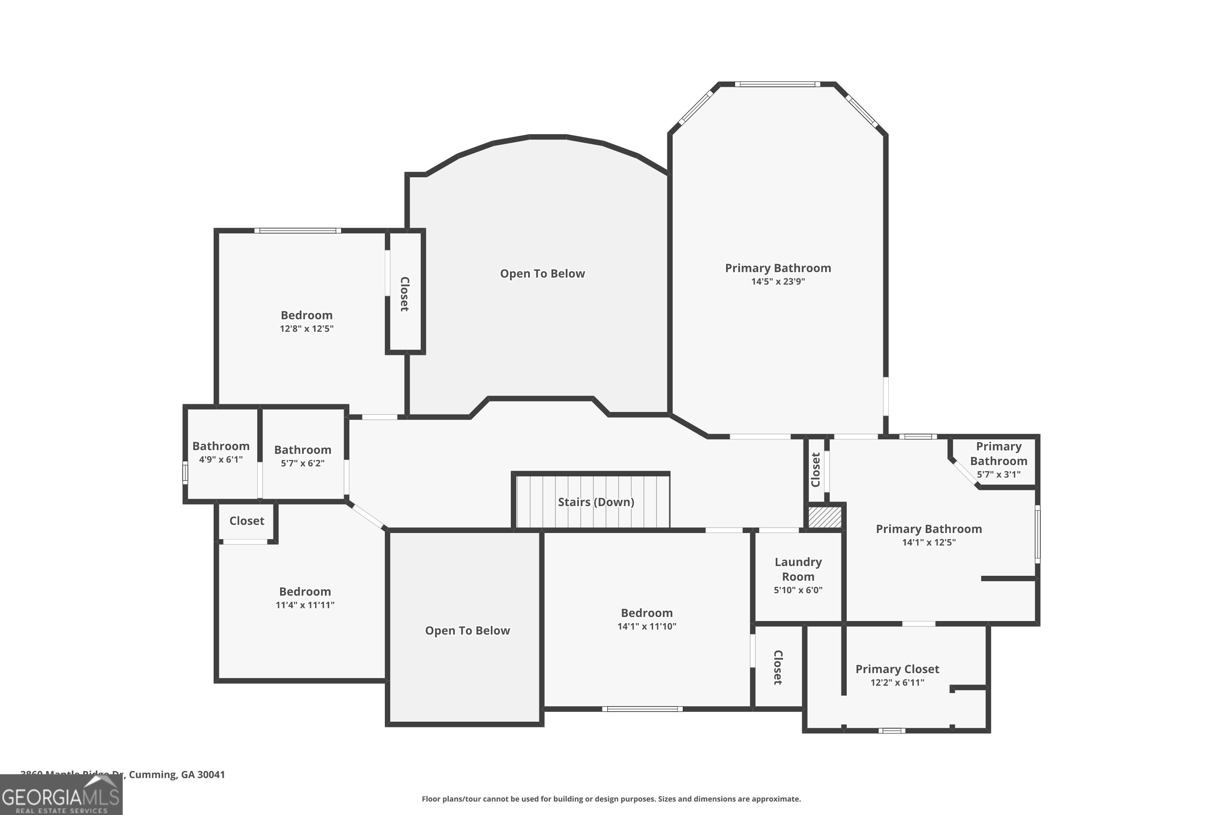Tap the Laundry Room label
click(798, 569)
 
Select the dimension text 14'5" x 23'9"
click(777, 282)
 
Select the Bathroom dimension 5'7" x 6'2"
click(302, 463)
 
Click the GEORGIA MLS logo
click(61, 795)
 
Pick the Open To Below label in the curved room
click(542, 274)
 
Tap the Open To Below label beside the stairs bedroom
click(467, 630)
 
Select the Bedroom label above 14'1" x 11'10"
click(646, 613)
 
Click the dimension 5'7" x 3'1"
click(998, 475)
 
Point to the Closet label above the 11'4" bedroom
click(247, 521)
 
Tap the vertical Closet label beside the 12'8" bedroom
click(404, 294)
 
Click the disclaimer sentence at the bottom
click(611, 799)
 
